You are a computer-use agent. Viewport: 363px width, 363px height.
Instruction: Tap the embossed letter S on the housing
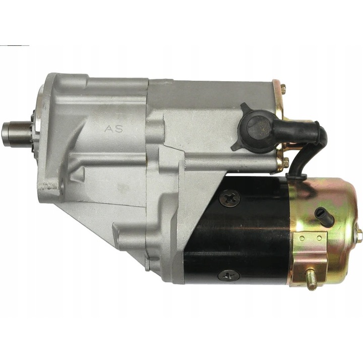point(119,129)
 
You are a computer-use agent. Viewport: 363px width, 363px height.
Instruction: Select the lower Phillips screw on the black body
point(228,275)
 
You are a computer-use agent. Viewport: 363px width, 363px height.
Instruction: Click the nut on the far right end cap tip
point(358,235)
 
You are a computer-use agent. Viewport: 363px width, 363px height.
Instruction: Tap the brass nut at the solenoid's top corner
point(283,89)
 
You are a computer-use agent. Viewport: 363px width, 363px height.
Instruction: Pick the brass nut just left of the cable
point(285,163)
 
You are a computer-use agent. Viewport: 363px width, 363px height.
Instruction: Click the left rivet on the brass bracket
point(302,238)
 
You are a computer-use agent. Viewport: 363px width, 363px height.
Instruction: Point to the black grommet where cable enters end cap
point(297,177)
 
